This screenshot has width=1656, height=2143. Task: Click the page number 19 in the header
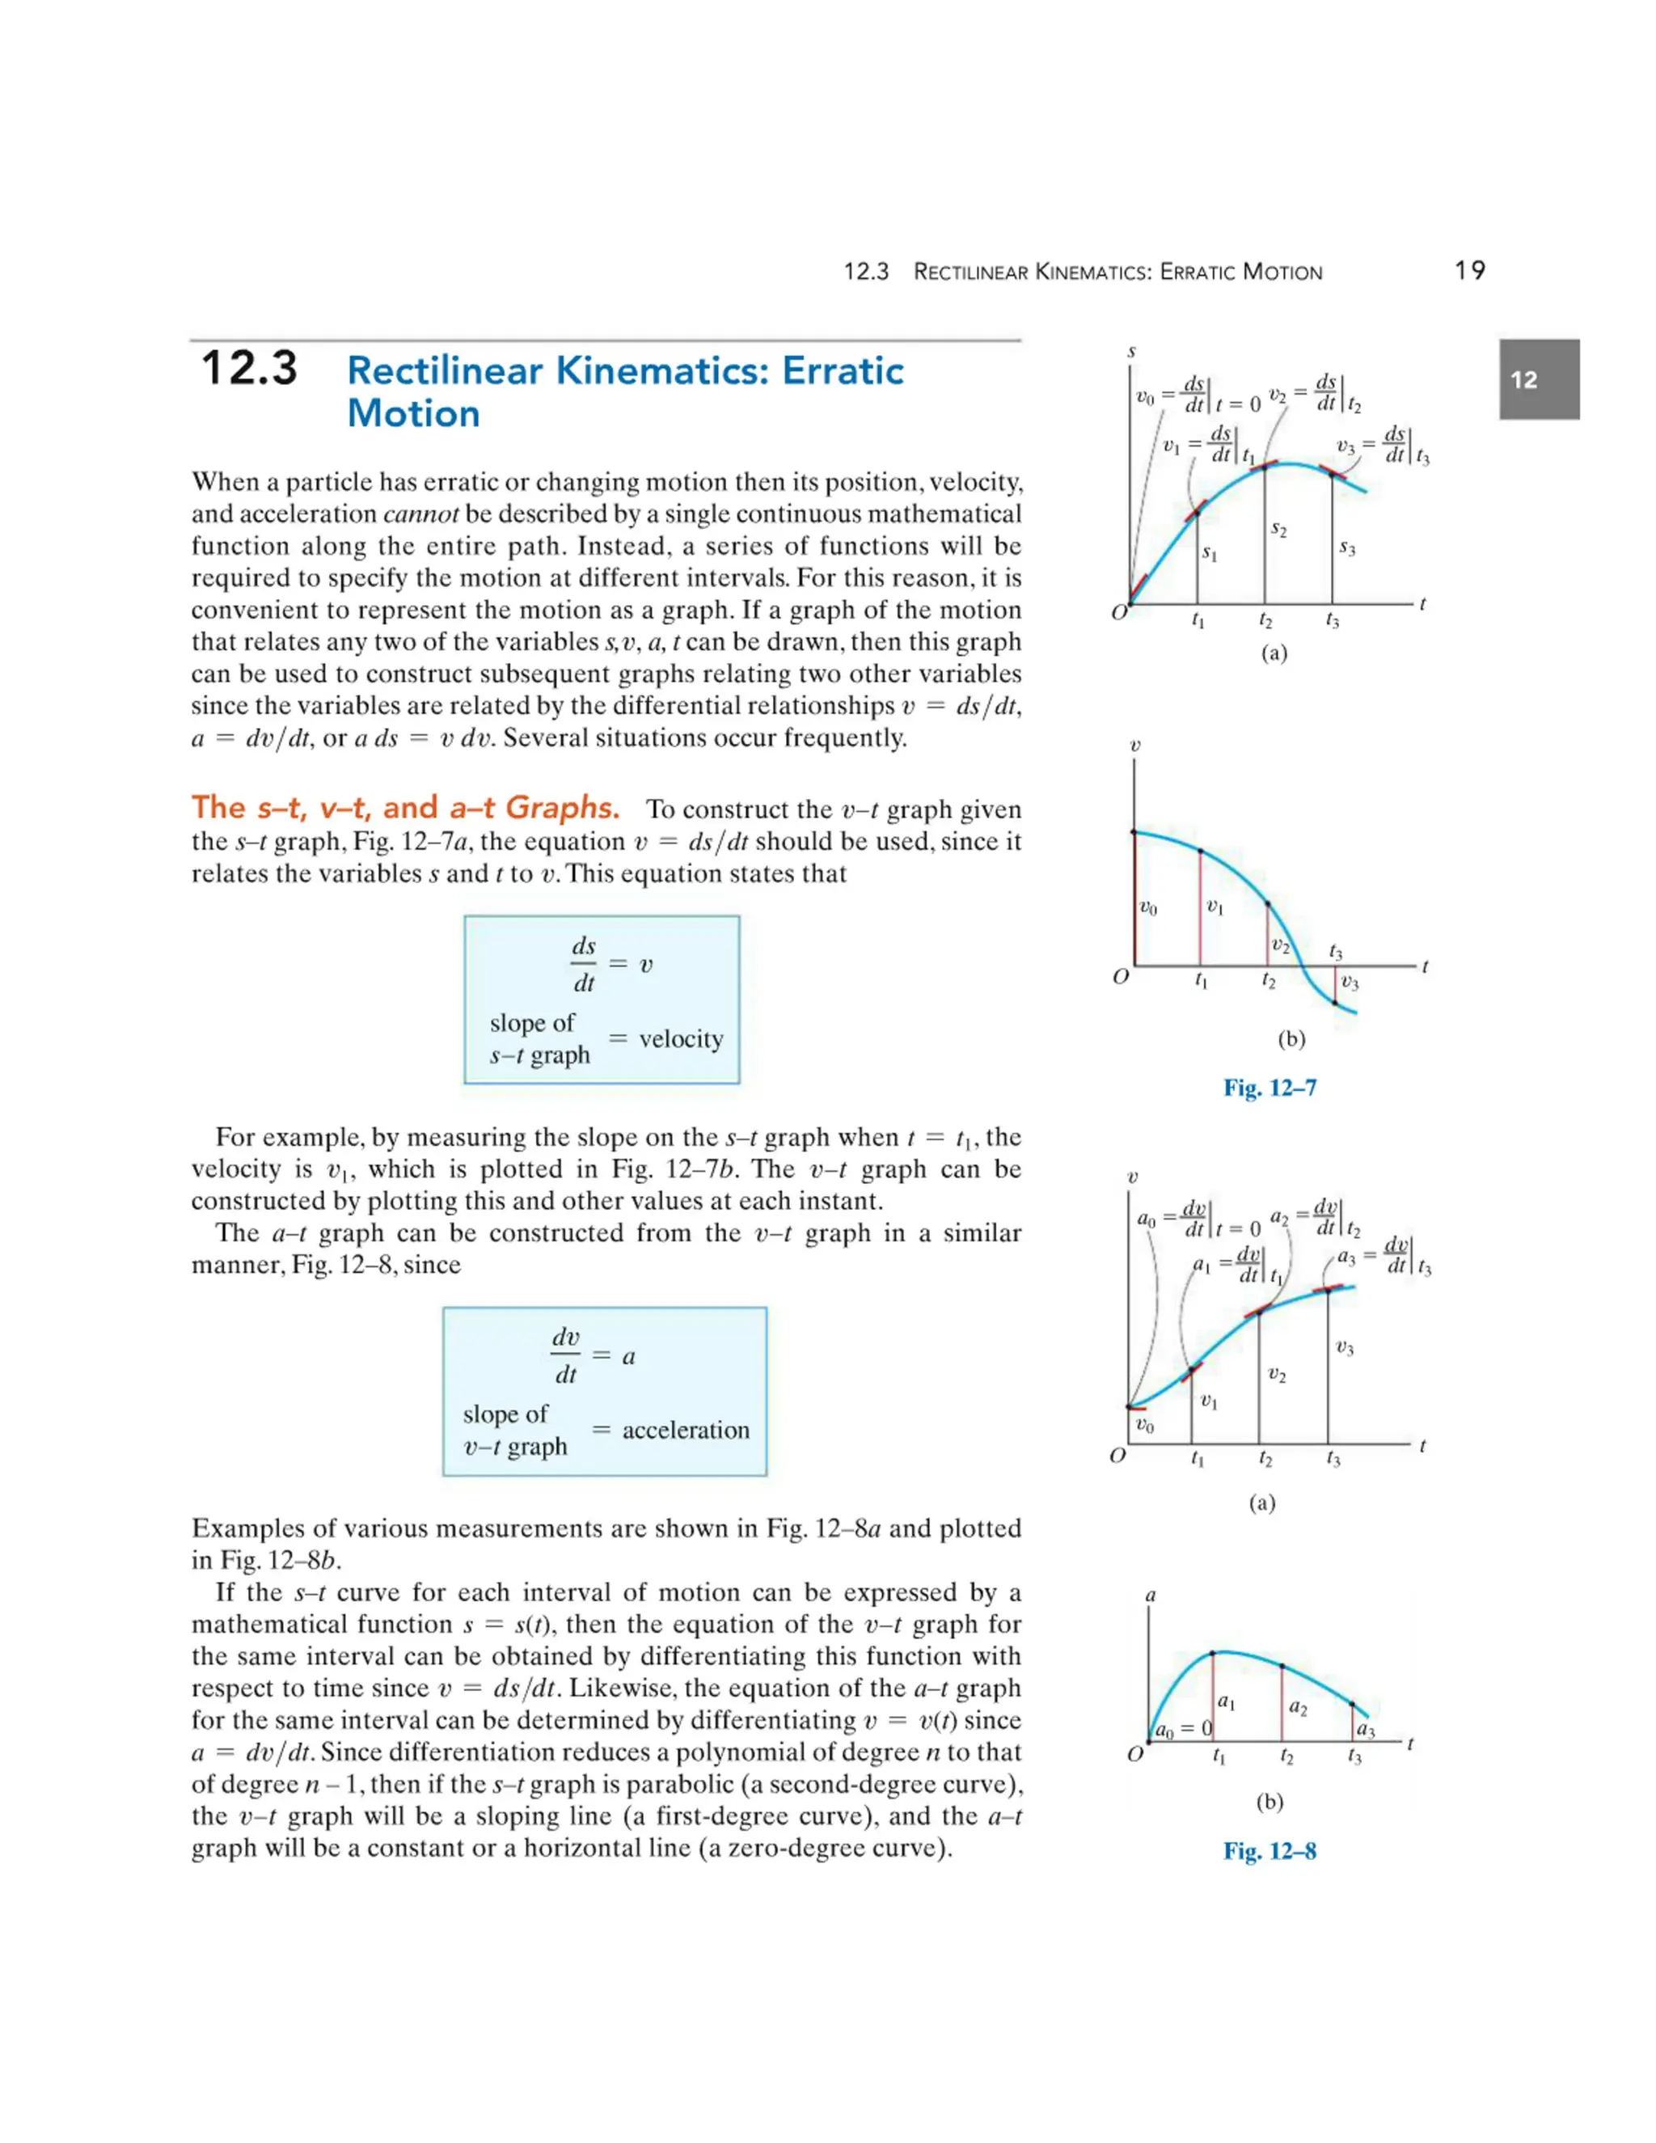(1468, 271)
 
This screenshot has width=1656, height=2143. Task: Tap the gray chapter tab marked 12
(1537, 380)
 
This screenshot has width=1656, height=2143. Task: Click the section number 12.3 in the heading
(249, 369)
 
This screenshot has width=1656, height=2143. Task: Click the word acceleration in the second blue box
(685, 1430)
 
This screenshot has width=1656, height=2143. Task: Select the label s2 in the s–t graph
(1278, 529)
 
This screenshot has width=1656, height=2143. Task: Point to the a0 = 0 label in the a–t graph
(1183, 1730)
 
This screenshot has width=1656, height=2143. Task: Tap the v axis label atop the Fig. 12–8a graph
(1132, 1176)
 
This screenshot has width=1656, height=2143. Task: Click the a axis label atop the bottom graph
(1151, 1596)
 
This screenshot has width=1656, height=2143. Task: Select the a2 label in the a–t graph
(1297, 1708)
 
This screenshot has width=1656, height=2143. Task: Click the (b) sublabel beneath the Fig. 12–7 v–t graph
(1291, 1038)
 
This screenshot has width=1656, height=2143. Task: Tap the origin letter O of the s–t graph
(1118, 613)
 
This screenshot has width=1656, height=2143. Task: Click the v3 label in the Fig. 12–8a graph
(1345, 1348)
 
